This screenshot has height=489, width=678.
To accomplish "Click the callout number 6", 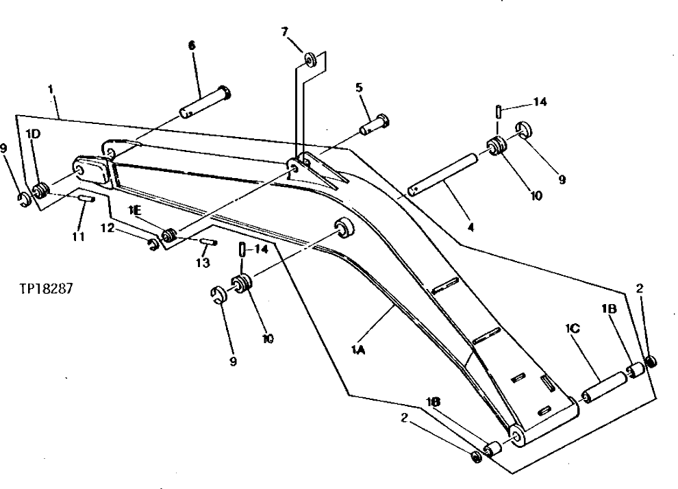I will pos(191,45).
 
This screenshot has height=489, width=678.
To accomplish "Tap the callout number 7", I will pos(284,31).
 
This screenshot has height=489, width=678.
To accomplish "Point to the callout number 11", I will pos(78,236).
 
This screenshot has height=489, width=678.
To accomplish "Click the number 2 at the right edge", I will pos(640,290).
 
